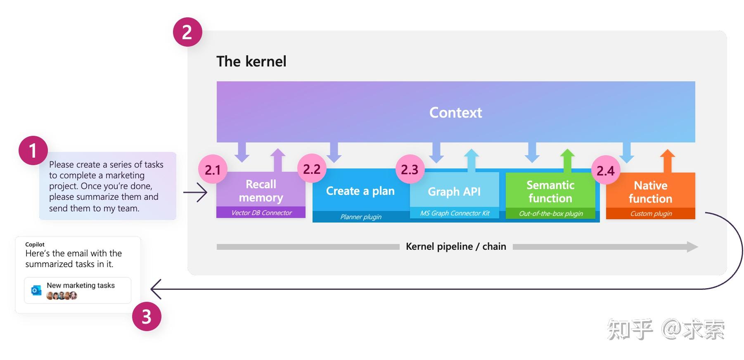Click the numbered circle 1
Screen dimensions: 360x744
(x=33, y=151)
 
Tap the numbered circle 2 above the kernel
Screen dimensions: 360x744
(x=187, y=32)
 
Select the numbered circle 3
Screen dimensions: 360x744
(x=147, y=317)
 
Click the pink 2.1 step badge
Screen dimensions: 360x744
(x=213, y=170)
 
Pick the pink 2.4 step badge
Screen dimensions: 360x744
(x=605, y=171)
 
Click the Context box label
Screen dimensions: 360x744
(x=455, y=112)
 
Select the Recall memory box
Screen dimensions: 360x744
(x=261, y=191)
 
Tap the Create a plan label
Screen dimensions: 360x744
(x=360, y=191)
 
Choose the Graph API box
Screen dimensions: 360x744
(x=454, y=192)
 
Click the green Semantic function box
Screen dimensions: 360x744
(x=550, y=192)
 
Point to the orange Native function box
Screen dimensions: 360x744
(x=650, y=192)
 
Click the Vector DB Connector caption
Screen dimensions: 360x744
(x=261, y=213)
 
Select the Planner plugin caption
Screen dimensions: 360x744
(x=360, y=217)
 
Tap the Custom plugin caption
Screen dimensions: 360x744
(x=651, y=213)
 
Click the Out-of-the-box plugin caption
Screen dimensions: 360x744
(x=551, y=213)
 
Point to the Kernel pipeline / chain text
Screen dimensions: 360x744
(x=456, y=246)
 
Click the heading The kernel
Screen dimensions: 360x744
(x=251, y=62)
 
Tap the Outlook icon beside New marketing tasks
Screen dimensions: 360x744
(x=36, y=290)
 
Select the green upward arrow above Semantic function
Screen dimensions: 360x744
(x=567, y=160)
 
